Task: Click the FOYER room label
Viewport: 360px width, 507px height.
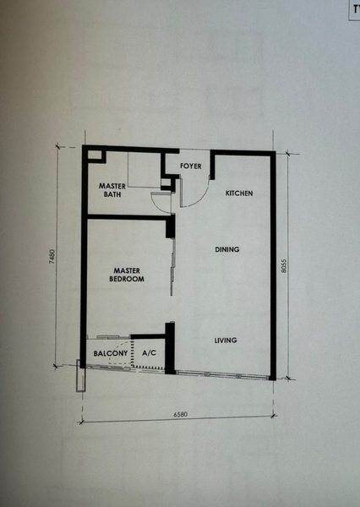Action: pyautogui.click(x=190, y=166)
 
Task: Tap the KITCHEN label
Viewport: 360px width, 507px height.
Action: pyautogui.click(x=239, y=194)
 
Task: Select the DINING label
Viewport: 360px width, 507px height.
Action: pyautogui.click(x=227, y=249)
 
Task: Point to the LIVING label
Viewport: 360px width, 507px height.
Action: pyautogui.click(x=226, y=341)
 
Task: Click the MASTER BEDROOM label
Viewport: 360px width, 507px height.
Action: pyautogui.click(x=127, y=275)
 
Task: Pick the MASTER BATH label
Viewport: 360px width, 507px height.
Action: pyautogui.click(x=112, y=190)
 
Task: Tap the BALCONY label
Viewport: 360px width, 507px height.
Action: pyautogui.click(x=111, y=353)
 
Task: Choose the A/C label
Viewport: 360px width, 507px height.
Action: pyautogui.click(x=149, y=352)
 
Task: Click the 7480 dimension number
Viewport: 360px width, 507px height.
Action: pyautogui.click(x=52, y=256)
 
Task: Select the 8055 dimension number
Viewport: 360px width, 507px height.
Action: pyautogui.click(x=284, y=265)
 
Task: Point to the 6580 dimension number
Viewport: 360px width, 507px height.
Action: pyautogui.click(x=180, y=414)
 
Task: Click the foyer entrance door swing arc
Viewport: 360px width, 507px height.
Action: pyautogui.click(x=201, y=201)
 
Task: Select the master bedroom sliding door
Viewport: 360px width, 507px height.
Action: pyautogui.click(x=172, y=267)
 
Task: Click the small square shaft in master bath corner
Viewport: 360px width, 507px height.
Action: pyautogui.click(x=96, y=155)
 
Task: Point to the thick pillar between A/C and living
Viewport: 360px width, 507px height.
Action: pyautogui.click(x=170, y=348)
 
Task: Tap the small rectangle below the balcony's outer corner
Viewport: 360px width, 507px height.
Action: pyautogui.click(x=81, y=375)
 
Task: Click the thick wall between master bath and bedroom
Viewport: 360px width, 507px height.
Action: pyautogui.click(x=129, y=217)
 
